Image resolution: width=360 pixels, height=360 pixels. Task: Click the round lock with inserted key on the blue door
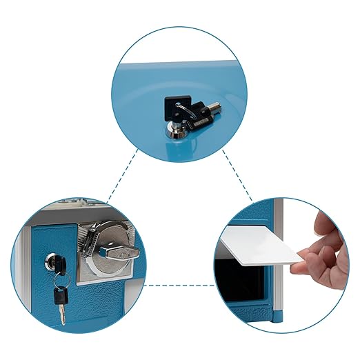[x=53, y=261]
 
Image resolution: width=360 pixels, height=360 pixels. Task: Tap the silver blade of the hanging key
[x=62, y=315]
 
